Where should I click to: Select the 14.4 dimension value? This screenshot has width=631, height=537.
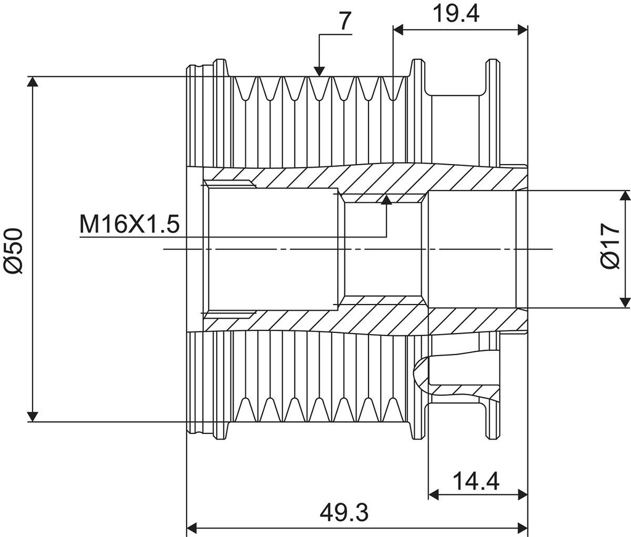pyautogui.click(x=476, y=480)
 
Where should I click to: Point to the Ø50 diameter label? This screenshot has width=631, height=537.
pyautogui.click(x=13, y=250)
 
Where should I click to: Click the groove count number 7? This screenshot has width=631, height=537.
pyautogui.click(x=345, y=21)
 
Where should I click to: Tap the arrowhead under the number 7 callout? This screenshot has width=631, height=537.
pyautogui.click(x=319, y=71)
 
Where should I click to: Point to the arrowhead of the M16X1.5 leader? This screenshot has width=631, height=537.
pyautogui.click(x=386, y=199)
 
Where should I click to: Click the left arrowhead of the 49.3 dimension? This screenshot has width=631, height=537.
pyautogui.click(x=192, y=528)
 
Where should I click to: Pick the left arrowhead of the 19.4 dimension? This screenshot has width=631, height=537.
pyautogui.click(x=398, y=29)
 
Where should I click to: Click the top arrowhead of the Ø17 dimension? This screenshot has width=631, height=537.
pyautogui.click(x=626, y=197)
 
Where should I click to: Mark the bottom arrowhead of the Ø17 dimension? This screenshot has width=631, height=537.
pyautogui.click(x=626, y=301)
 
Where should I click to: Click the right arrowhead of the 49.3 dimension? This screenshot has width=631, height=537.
pyautogui.click(x=523, y=528)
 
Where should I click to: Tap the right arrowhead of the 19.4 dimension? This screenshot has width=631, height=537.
pyautogui.click(x=523, y=29)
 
